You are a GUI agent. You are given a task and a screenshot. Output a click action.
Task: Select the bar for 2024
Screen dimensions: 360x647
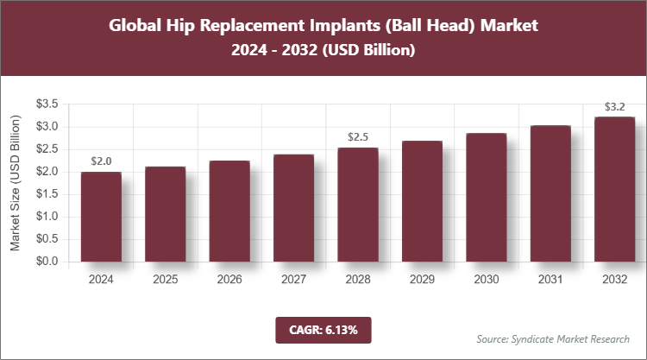[101, 217]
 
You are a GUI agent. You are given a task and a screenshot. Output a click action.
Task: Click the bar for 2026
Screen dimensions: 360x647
[229, 211]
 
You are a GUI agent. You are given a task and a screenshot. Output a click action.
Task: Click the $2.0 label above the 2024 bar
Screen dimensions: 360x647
[101, 161]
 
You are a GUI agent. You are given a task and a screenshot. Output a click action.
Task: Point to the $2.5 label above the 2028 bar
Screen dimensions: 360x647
[357, 136]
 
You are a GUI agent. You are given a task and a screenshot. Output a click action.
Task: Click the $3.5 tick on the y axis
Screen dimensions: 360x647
[47, 104]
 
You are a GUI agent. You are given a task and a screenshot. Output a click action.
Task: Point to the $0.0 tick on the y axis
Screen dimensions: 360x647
[47, 262]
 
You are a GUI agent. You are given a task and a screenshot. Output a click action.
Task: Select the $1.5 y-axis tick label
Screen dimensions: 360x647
[47, 194]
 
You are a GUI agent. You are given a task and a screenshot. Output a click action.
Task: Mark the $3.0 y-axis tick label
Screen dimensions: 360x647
[47, 127]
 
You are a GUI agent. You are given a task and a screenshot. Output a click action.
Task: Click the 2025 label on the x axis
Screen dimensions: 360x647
[165, 280]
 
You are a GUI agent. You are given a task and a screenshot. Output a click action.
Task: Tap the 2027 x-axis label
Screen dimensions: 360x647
[293, 280]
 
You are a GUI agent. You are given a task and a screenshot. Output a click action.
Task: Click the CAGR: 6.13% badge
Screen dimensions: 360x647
[323, 330]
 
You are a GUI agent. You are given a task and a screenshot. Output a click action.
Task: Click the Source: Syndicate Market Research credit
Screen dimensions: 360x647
[554, 338]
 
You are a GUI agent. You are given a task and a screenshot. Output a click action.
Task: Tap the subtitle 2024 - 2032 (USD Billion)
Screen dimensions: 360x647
[323, 51]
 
